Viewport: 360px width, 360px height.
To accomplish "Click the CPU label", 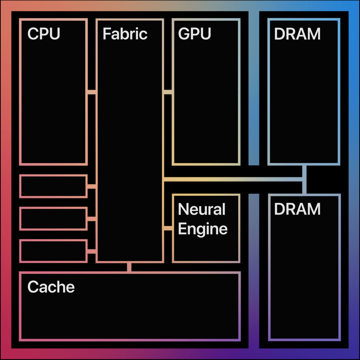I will pyautogui.click(x=44, y=34).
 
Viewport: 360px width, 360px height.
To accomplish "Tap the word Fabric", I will pyautogui.click(x=125, y=34).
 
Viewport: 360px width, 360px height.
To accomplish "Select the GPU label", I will pyautogui.click(x=194, y=34).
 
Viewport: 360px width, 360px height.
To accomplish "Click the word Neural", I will pyautogui.click(x=201, y=210).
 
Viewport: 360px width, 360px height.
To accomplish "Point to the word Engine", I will pyautogui.click(x=202, y=229).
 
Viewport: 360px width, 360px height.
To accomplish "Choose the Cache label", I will pyautogui.click(x=51, y=287).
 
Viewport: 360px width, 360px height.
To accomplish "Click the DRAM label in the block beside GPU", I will pyautogui.click(x=297, y=34).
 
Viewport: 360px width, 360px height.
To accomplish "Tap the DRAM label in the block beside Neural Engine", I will pyautogui.click(x=297, y=209).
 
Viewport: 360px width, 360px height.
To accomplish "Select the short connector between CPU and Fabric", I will pyautogui.click(x=91, y=92).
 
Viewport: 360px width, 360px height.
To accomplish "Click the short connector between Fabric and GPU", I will pyautogui.click(x=168, y=92).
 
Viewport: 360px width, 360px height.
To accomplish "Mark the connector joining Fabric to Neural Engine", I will pyautogui.click(x=168, y=228).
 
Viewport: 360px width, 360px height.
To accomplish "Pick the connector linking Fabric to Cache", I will pyautogui.click(x=129, y=267).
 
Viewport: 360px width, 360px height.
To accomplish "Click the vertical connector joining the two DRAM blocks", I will pyautogui.click(x=304, y=179).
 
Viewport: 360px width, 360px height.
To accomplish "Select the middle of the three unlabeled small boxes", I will pyautogui.click(x=53, y=219).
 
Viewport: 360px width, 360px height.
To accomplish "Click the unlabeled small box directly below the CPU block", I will pyautogui.click(x=53, y=186).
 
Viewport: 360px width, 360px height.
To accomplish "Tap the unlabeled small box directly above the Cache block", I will pyautogui.click(x=53, y=251).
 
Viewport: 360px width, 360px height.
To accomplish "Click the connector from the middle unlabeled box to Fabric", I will pyautogui.click(x=92, y=219).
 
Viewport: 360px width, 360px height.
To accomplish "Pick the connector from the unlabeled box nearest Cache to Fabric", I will pyautogui.click(x=92, y=251).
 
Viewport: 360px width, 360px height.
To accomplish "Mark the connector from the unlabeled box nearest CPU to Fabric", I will pyautogui.click(x=92, y=187).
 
